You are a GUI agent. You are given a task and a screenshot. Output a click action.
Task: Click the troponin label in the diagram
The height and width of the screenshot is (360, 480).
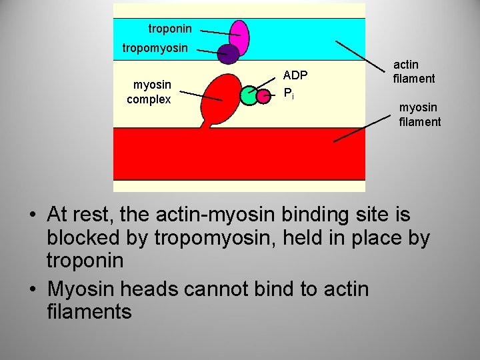[x=170, y=29]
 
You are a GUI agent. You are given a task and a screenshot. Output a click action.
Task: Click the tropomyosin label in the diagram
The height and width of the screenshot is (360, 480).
[x=155, y=48]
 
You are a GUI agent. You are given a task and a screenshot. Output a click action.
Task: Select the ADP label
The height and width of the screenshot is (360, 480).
[x=295, y=76]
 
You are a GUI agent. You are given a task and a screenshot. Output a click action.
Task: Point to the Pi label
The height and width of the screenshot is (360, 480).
[x=288, y=93]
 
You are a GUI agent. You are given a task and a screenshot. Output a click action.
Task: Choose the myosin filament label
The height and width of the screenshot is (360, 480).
[x=419, y=114]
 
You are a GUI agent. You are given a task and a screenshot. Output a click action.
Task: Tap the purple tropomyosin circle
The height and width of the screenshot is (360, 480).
[x=229, y=54]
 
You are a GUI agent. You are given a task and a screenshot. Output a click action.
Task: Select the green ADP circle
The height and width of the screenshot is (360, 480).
[x=249, y=96]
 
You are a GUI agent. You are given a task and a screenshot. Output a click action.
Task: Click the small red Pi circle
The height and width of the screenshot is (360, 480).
[x=263, y=95]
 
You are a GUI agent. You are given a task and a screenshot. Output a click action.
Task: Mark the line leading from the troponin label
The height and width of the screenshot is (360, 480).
[x=220, y=32]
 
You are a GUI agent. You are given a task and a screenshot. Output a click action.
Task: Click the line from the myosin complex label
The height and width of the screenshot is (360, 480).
[x=201, y=95]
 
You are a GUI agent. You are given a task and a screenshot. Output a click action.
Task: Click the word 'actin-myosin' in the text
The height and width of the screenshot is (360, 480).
[x=216, y=215]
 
